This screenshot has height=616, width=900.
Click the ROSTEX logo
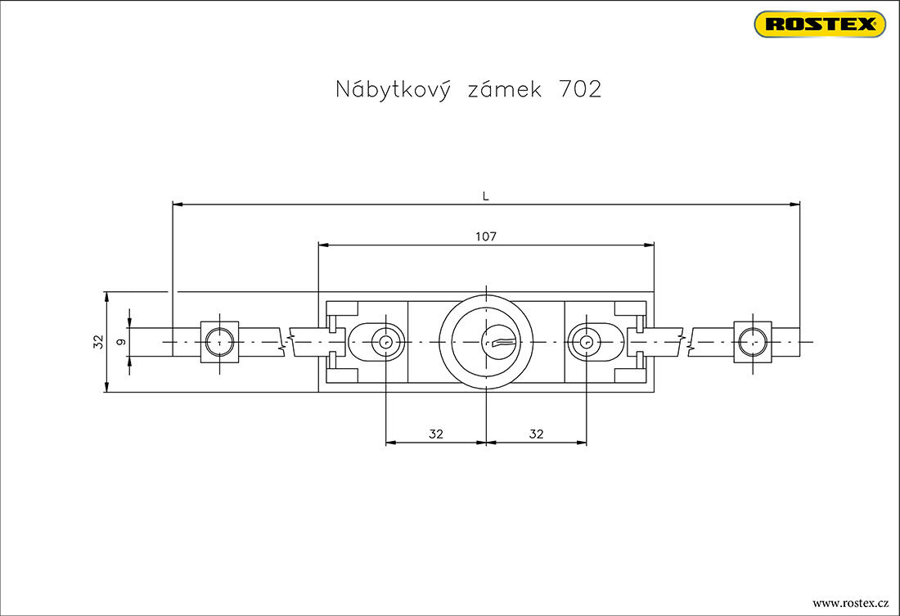point(820,25)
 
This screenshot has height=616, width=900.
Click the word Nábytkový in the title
point(394,89)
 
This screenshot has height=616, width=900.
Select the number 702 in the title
point(578,89)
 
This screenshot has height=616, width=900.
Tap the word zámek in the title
point(504,89)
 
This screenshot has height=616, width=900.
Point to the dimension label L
point(485,196)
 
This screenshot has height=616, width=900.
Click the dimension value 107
point(486,236)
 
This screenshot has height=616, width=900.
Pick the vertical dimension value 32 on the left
point(97,341)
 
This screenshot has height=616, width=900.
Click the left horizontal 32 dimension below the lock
point(435,434)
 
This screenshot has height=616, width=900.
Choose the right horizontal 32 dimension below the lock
point(536,434)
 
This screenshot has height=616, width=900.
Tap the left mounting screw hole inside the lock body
point(385,341)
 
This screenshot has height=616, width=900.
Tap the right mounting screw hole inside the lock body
point(586,341)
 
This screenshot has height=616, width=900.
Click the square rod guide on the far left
point(219,341)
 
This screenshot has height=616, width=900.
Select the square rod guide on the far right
point(752,341)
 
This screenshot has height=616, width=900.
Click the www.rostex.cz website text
point(850,603)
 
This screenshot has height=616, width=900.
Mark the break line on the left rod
point(283,341)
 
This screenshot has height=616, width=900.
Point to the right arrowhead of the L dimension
point(794,205)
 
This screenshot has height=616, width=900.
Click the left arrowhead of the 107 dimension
point(323,245)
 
